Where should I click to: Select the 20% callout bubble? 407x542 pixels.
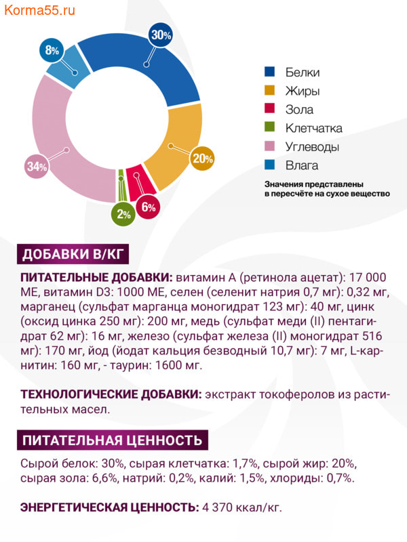pyautogui.click(x=203, y=159)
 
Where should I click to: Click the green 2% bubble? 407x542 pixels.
pyautogui.click(x=123, y=214)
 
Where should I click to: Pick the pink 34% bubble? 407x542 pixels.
pyautogui.click(x=37, y=166)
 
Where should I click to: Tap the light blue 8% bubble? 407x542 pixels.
pyautogui.click(x=52, y=49)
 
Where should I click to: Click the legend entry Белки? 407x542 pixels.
pyautogui.click(x=302, y=72)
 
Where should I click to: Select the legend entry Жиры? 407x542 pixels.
pyautogui.click(x=302, y=91)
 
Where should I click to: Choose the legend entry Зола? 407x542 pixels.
pyautogui.click(x=299, y=110)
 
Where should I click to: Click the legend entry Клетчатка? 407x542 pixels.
pyautogui.click(x=313, y=128)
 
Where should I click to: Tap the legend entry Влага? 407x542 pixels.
pyautogui.click(x=301, y=165)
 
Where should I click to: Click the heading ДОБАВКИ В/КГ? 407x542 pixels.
pyautogui.click(x=71, y=255)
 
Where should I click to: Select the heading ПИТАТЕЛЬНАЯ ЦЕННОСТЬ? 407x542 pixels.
pyautogui.click(x=112, y=440)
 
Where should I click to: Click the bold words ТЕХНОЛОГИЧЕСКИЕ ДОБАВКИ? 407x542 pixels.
pyautogui.click(x=111, y=395)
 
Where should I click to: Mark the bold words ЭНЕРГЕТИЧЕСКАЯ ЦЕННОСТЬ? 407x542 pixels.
pyautogui.click(x=109, y=507)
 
